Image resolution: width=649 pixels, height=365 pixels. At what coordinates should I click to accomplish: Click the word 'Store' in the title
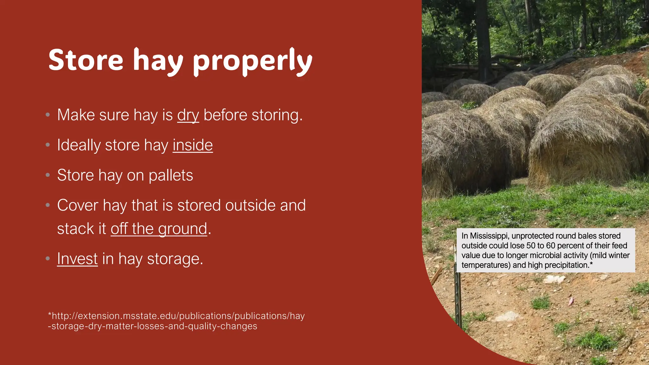coord(86,60)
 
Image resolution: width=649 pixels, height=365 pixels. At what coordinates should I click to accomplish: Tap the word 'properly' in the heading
coord(253,62)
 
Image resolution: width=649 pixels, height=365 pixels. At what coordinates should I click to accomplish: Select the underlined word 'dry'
coord(188,115)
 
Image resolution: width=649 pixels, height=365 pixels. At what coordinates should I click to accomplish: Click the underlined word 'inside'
coord(193,145)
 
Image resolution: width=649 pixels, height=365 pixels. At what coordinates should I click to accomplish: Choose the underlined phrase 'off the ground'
coord(159,229)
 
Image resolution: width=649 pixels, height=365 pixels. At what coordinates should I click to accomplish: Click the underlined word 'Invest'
coord(77,259)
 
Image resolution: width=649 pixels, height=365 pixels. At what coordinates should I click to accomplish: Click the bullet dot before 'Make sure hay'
coord(48,115)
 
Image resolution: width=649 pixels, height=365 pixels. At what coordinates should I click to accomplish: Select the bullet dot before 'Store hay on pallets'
coord(48,175)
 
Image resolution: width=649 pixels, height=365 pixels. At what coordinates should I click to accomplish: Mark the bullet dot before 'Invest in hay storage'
coord(48,259)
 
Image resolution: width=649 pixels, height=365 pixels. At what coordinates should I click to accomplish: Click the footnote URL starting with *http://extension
coord(176,321)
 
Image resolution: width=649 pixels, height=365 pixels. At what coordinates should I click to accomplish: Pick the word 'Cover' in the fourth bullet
coord(78,205)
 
